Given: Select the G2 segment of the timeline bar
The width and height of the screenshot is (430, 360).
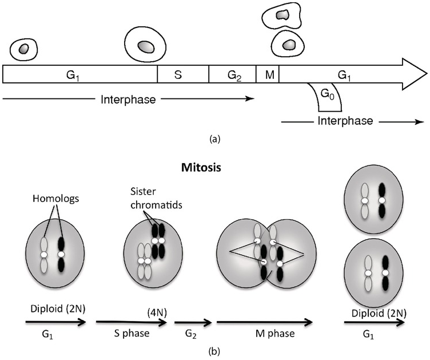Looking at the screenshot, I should pyautogui.click(x=232, y=75).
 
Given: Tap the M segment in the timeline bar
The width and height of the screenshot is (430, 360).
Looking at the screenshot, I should pyautogui.click(x=267, y=75).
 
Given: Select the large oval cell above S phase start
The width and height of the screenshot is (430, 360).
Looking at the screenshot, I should pyautogui.click(x=145, y=46).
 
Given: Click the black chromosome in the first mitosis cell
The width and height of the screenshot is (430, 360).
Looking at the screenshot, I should pyautogui.click(x=61, y=254).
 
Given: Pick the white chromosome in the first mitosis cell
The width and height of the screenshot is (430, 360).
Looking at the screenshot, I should pyautogui.click(x=43, y=254).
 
